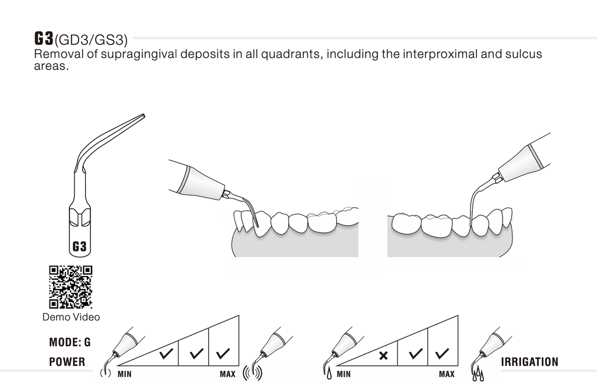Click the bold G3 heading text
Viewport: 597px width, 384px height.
[44, 39]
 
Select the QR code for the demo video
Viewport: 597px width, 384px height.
[71, 287]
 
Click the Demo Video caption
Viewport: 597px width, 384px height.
[71, 317]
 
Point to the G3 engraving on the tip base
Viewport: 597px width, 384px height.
[79, 247]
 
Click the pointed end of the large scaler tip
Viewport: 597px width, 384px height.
[143, 116]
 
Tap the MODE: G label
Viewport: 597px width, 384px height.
[69, 342]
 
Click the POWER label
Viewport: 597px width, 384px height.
[66, 362]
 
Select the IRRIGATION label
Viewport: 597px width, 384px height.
[529, 362]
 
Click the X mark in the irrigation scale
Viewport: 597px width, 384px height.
[383, 354]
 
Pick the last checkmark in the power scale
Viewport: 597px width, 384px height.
[223, 353]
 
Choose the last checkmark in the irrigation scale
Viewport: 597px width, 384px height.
[442, 353]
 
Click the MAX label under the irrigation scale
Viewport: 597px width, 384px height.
[447, 373]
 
